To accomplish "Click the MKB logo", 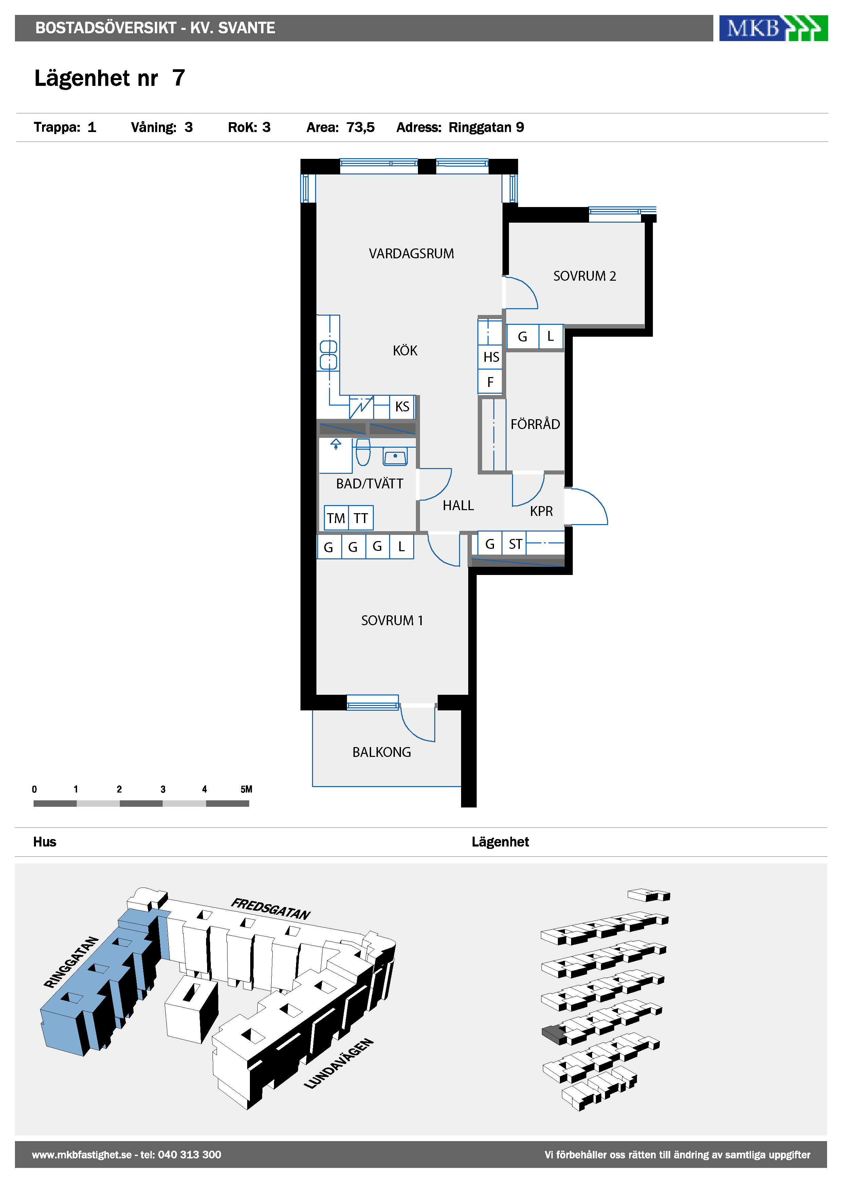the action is (773, 28).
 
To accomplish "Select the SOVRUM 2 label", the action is (584, 276).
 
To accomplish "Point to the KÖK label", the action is (405, 350).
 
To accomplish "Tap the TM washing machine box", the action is (336, 518).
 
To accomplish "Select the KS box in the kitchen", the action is (402, 407).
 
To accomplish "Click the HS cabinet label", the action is (491, 357).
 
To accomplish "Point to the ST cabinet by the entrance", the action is (515, 544).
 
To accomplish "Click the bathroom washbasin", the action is (395, 457).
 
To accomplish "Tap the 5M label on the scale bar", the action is (246, 789).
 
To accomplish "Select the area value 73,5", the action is (361, 128).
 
